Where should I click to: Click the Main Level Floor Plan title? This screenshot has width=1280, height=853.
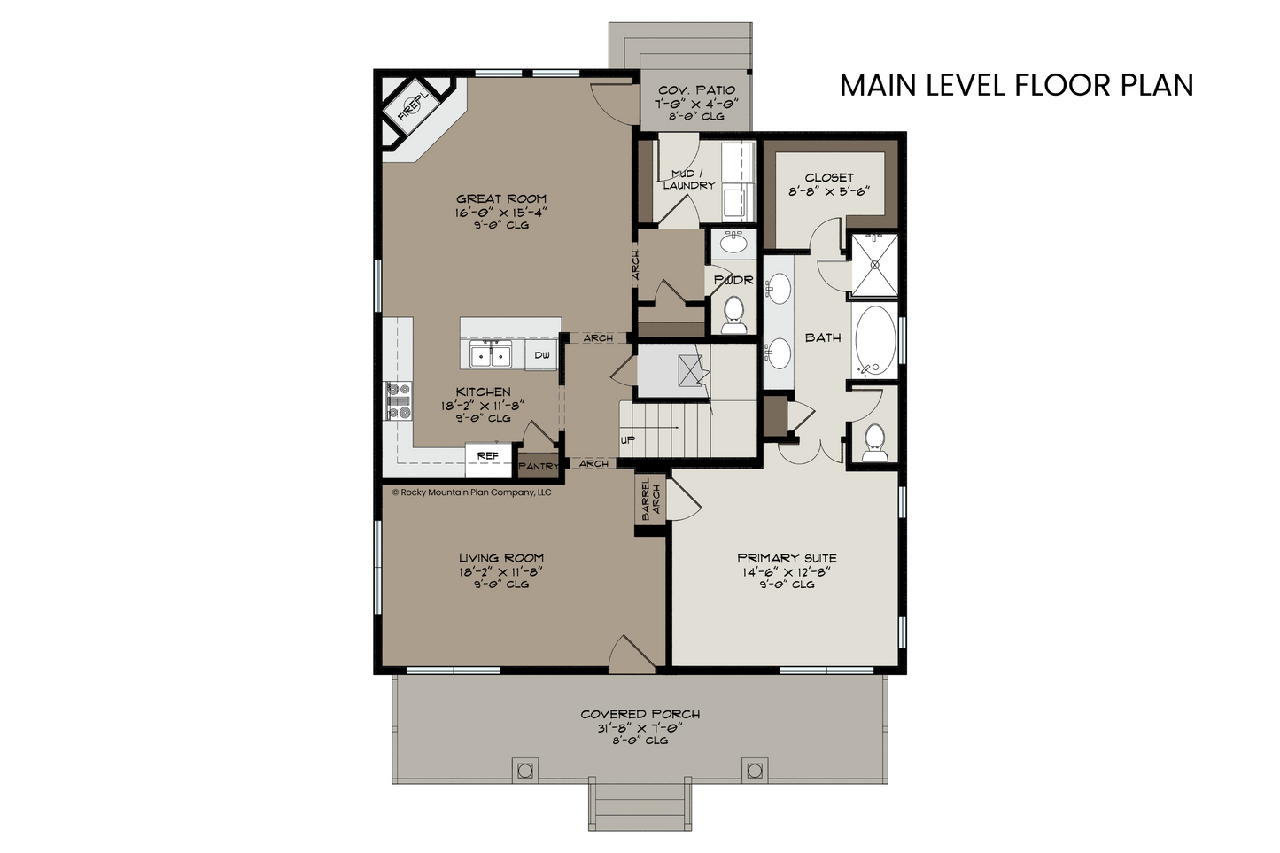pyautogui.click(x=1017, y=85)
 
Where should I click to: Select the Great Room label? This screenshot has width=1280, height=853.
pyautogui.click(x=501, y=198)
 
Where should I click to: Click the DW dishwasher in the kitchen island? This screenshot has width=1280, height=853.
pyautogui.click(x=542, y=355)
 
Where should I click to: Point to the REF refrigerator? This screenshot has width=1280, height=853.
pyautogui.click(x=488, y=456)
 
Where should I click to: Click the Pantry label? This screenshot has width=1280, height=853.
pyautogui.click(x=539, y=466)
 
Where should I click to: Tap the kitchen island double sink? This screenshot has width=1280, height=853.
pyautogui.click(x=491, y=354)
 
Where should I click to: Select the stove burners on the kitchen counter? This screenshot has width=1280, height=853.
pyautogui.click(x=399, y=401)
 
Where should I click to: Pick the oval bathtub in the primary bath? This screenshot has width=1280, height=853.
pyautogui.click(x=875, y=340)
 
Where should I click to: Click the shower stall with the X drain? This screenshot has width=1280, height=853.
pyautogui.click(x=875, y=265)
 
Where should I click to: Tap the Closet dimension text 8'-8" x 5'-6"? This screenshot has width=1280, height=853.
pyautogui.click(x=828, y=191)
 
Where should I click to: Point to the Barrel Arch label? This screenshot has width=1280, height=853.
pyautogui.click(x=651, y=499)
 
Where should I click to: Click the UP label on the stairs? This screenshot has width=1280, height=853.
pyautogui.click(x=628, y=440)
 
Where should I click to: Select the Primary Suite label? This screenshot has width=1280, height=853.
pyautogui.click(x=787, y=558)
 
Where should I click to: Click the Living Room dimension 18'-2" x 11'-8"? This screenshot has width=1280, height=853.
pyautogui.click(x=500, y=571)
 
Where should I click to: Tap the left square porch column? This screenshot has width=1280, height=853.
pyautogui.click(x=524, y=771)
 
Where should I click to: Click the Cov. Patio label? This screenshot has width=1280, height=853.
pyautogui.click(x=696, y=90)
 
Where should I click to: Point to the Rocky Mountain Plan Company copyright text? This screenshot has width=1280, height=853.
pyautogui.click(x=471, y=492)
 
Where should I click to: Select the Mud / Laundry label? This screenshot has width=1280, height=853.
pyautogui.click(x=687, y=179)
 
